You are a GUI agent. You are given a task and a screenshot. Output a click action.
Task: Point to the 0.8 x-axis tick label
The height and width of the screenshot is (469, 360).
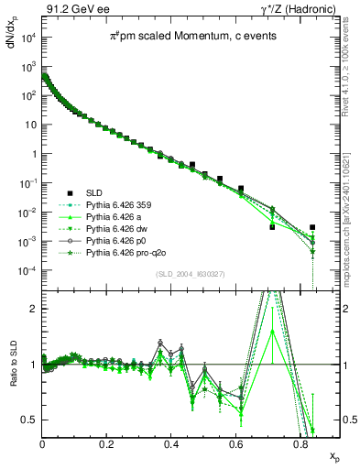tap(301, 443)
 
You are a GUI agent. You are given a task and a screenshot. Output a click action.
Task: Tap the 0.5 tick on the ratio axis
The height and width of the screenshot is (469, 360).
tap(31, 420)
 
